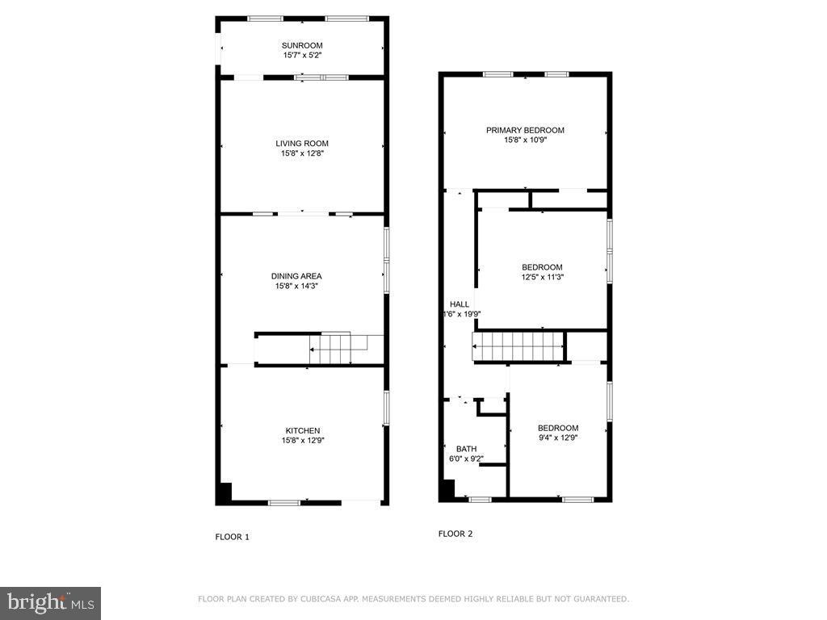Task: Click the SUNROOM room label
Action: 302,45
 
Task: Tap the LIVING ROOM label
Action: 302,144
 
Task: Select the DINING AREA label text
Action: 296,276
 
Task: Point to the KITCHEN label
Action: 303,431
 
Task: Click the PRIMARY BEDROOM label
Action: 525,130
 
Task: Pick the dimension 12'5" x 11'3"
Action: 543,277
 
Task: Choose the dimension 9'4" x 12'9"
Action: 558,438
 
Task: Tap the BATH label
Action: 466,449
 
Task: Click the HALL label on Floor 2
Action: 460,304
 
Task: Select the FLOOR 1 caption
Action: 232,537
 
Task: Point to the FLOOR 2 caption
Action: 455,534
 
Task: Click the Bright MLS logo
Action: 50,603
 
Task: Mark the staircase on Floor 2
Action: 518,346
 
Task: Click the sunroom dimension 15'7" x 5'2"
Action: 302,56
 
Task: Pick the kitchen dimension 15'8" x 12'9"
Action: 303,441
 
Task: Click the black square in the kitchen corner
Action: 225,492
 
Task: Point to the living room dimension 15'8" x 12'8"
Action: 302,153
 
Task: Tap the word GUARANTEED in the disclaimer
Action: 601,599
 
